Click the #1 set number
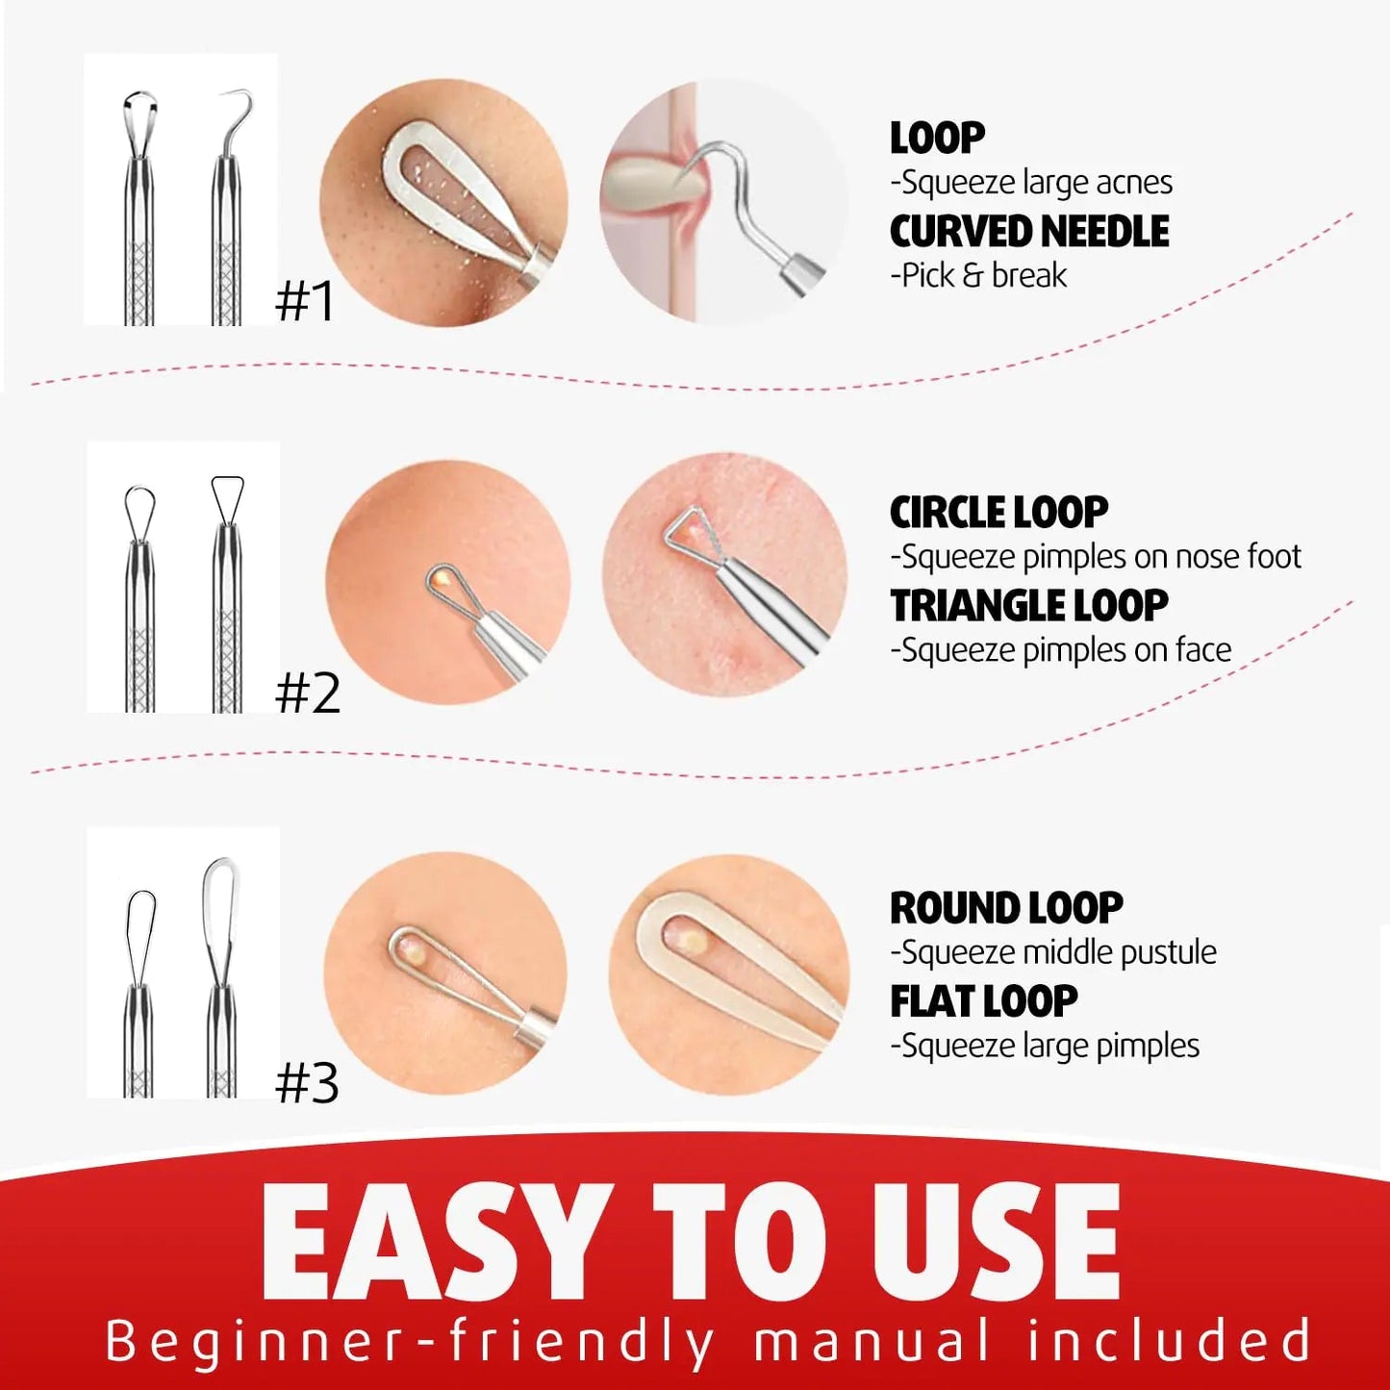[305, 301]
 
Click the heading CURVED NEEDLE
[1029, 231]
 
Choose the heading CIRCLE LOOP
[999, 512]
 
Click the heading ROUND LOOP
[1006, 907]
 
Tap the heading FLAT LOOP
[984, 999]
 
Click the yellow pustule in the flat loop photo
[688, 939]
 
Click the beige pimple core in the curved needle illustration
[653, 185]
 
